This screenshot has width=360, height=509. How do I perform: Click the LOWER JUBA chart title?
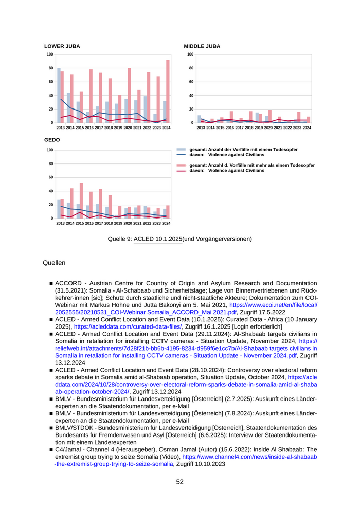pos(62,46)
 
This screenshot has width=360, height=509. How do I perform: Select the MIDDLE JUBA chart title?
pos(202,46)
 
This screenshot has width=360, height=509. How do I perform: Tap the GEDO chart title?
pos(52,140)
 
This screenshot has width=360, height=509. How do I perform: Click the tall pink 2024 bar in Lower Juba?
pos(168,91)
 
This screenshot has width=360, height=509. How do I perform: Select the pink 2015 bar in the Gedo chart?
pos(81,201)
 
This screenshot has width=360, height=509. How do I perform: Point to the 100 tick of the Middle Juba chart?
pos(190,54)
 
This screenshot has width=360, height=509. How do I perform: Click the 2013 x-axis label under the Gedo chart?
pos(61,223)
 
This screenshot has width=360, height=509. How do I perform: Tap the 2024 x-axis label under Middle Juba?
pos(307,128)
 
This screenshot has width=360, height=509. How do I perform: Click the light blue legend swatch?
pos(181,149)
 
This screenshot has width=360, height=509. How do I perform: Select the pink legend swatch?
pos(181,166)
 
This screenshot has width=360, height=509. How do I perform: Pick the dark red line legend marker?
pos(181,171)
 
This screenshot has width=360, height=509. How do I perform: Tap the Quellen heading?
pos(54,263)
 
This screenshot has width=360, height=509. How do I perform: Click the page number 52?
pos(180,482)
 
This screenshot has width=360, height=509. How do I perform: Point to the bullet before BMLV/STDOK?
pos(51,428)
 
